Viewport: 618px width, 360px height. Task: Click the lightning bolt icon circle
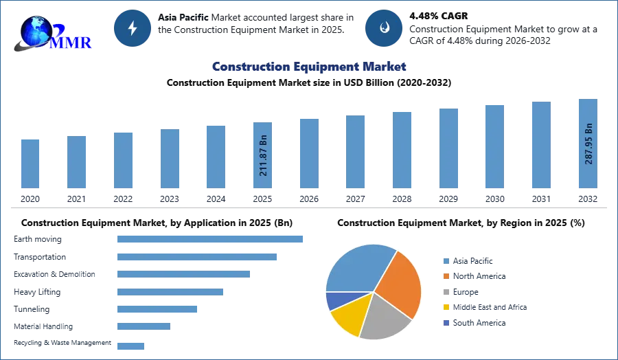click(133, 28)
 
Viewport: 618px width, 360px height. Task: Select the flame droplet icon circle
click(384, 28)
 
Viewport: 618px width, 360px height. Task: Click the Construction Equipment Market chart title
click(308, 67)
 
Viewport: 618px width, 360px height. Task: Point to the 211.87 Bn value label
click(263, 159)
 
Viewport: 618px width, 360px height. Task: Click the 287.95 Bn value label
click(588, 144)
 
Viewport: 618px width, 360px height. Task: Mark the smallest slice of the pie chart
click(335, 300)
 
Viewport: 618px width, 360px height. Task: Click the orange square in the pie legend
click(444, 276)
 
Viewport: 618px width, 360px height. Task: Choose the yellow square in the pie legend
click(444, 308)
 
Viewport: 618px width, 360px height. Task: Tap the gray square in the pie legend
click(444, 292)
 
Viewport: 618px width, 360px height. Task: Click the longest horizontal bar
click(211, 239)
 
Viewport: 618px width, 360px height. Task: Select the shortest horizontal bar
click(131, 346)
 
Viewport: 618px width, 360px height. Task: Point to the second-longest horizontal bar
click(197, 258)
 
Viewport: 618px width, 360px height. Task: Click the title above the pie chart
click(460, 223)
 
